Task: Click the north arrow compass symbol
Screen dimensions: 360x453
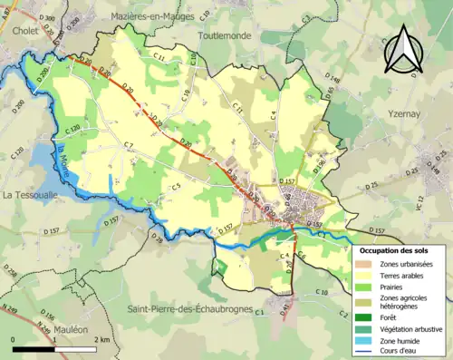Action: [404, 50]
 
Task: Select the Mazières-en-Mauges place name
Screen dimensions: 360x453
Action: [143, 16]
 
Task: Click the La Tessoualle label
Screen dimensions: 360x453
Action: [31, 194]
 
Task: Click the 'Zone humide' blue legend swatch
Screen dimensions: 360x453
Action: [361, 341]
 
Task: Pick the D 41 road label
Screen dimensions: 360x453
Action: [284, 311]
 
